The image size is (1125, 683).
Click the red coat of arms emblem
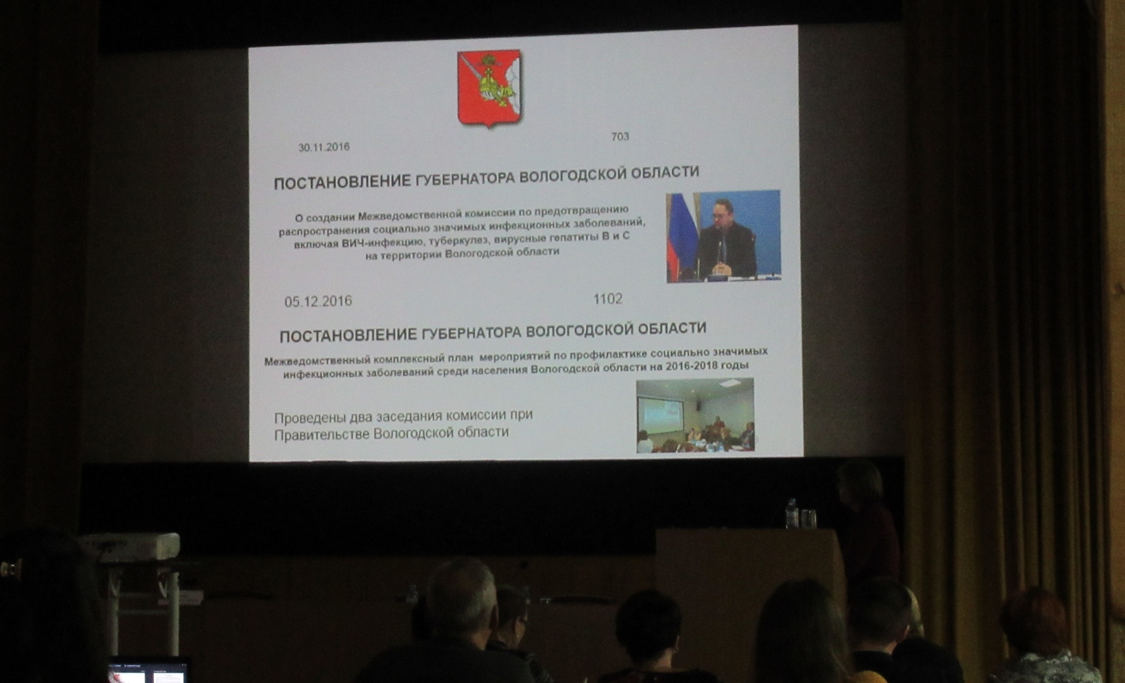(x=489, y=89)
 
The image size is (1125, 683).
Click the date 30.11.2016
(x=324, y=147)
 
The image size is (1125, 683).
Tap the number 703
(x=620, y=136)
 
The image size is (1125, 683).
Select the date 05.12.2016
(x=318, y=301)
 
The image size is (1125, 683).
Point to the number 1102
(x=607, y=298)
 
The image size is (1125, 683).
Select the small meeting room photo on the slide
(x=695, y=415)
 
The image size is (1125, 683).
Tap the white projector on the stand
(x=130, y=547)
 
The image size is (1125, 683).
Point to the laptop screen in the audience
(x=149, y=672)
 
